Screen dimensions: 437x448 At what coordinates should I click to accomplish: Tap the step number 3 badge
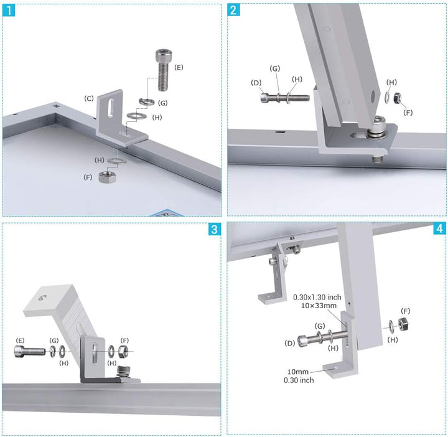coord(215,229)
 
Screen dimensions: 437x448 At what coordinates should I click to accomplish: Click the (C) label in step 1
coord(90,98)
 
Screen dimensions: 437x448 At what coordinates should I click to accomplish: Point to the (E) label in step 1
coord(179,67)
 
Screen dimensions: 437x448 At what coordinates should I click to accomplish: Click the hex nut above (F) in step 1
coord(106,176)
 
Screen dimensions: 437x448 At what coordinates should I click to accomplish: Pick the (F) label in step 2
coord(408,112)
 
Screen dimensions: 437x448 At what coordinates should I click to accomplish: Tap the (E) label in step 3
coord(21,340)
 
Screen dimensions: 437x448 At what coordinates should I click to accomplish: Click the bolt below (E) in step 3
coord(29,352)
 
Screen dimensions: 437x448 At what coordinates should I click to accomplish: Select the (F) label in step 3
coord(125,340)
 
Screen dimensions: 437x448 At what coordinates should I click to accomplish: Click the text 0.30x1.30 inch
coord(317,298)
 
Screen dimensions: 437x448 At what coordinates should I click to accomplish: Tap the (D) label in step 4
coord(290,343)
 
